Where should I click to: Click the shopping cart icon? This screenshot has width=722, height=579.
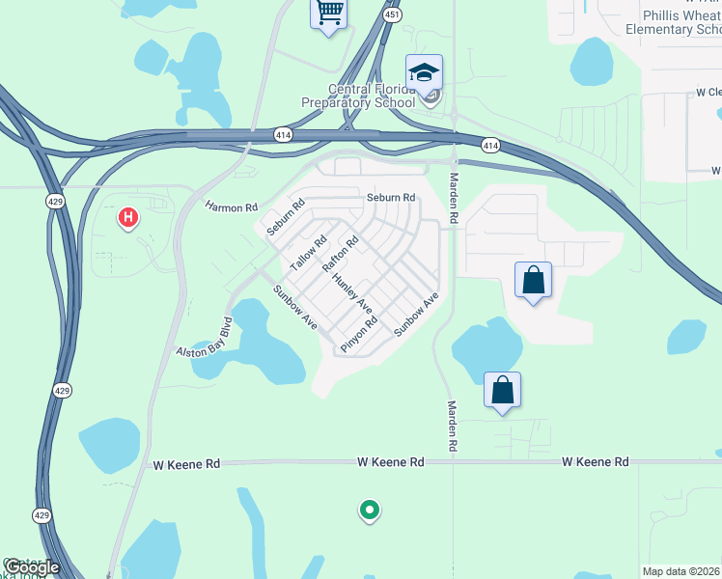[x=329, y=14]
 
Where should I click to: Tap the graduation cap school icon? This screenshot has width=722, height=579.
[x=424, y=73]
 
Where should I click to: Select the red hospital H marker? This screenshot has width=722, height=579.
[x=127, y=218]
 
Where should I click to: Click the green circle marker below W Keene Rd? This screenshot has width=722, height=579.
[x=368, y=510]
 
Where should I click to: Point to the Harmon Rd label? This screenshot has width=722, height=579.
[x=232, y=207]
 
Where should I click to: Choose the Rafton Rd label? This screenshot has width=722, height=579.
[x=340, y=254]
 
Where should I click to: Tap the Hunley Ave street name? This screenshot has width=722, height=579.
[x=352, y=293]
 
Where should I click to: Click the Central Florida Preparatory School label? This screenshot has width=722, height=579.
[x=372, y=96]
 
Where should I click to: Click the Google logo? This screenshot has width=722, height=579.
[x=32, y=566]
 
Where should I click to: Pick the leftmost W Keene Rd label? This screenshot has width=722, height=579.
[x=186, y=464]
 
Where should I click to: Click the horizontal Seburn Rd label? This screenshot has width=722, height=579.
[x=390, y=198]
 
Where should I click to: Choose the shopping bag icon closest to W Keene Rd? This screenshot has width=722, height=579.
[x=502, y=392]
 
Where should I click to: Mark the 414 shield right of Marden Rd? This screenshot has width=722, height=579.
[x=490, y=146]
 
